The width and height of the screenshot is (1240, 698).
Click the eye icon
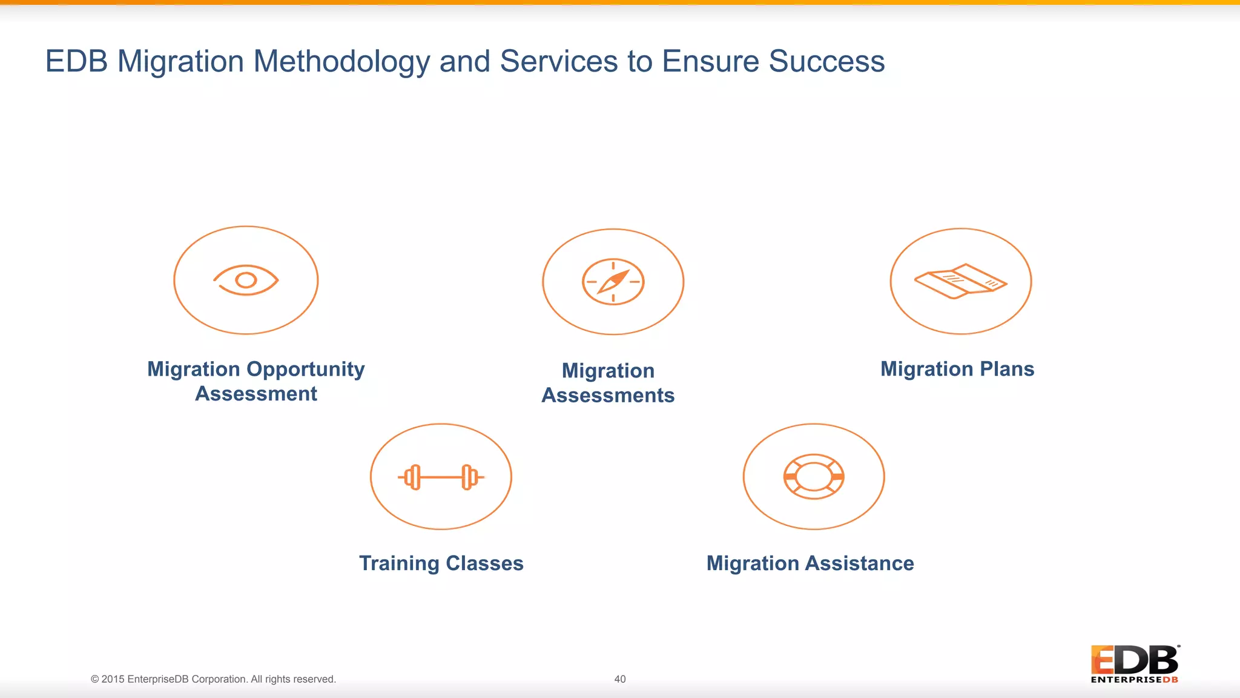click(246, 280)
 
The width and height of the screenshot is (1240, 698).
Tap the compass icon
click(613, 282)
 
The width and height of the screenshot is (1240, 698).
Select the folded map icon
click(960, 281)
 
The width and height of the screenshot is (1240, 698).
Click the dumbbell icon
click(441, 477)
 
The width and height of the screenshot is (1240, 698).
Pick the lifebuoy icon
click(814, 477)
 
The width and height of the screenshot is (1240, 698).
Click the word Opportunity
click(306, 370)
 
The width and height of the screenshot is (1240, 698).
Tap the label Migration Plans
click(957, 369)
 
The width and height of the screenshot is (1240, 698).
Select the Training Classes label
click(441, 563)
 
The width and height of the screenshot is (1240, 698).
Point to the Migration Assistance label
click(810, 563)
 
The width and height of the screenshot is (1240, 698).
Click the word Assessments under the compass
click(608, 396)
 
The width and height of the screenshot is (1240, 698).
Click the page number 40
click(620, 679)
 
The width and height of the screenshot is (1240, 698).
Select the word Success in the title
click(826, 62)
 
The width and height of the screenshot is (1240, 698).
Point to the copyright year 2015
click(113, 679)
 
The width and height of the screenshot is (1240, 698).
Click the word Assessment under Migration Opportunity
click(256, 394)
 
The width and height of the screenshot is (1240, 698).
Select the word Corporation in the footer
click(219, 679)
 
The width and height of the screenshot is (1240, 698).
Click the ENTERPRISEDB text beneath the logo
click(1135, 680)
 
